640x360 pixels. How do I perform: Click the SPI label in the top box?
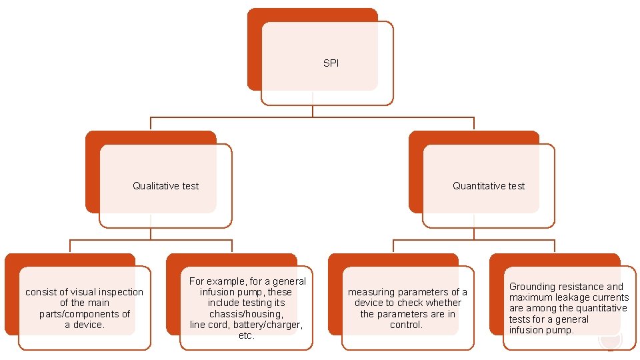point(331,63)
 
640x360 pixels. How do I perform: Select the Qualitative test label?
point(165,186)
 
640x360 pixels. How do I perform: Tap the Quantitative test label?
point(489,186)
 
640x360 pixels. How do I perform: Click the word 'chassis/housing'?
point(246,314)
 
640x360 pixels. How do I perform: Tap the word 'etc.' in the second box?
point(246,335)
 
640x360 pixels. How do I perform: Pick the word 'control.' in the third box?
point(407,325)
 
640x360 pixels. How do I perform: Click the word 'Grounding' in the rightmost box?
point(532,287)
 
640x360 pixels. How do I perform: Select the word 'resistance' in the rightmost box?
point(581,287)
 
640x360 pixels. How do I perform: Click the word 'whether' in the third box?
point(443,303)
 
